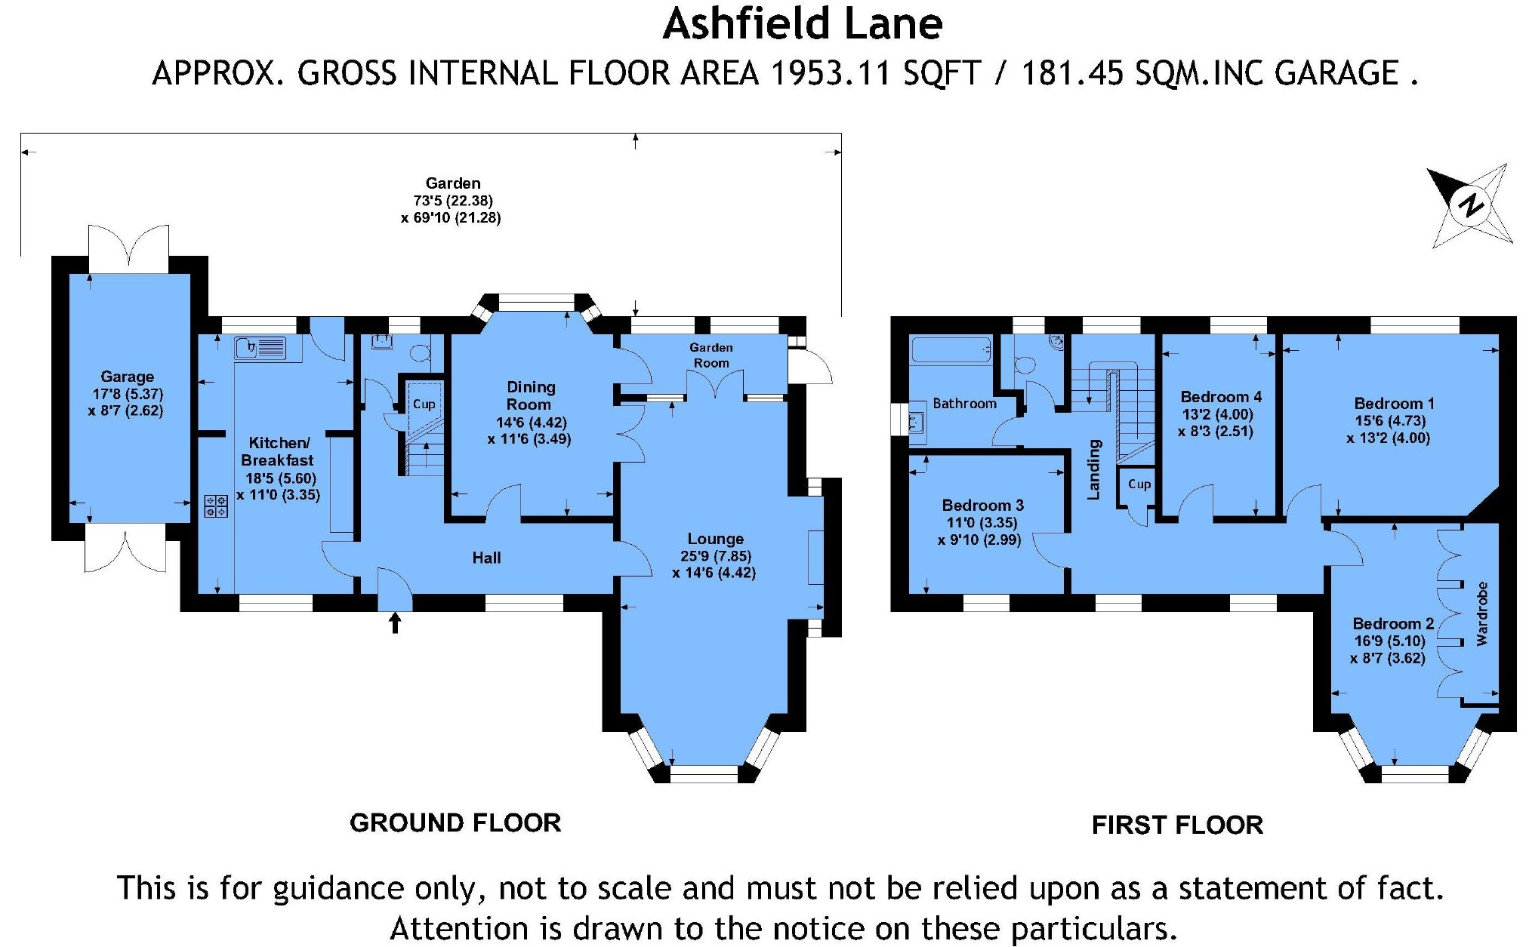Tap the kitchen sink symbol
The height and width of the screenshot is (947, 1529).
pos(260,348)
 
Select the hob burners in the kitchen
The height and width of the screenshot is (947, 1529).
pos(216,506)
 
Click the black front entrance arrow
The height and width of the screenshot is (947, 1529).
pos(394,623)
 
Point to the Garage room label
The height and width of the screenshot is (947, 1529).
pos(127,377)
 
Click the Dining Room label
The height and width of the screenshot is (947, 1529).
pos(530,395)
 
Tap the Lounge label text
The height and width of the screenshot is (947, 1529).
pos(715,539)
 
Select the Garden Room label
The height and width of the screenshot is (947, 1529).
pos(711,355)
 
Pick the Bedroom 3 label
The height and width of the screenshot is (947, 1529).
pos(982,505)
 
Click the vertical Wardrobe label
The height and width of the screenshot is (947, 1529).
pos(1481,613)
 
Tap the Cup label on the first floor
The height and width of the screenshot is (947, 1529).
pos(1139,484)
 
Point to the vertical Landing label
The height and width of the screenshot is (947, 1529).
pos(1093,469)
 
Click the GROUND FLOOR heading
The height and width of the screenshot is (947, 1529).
pos(455,822)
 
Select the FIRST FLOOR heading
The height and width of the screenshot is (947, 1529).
pos(1177,825)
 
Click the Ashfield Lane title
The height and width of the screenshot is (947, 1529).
pos(803,24)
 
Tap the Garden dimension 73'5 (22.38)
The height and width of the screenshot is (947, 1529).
pos(452,201)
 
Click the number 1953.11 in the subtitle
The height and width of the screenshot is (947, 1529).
pos(831,74)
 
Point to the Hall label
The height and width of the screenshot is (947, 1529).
pos(486,558)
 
